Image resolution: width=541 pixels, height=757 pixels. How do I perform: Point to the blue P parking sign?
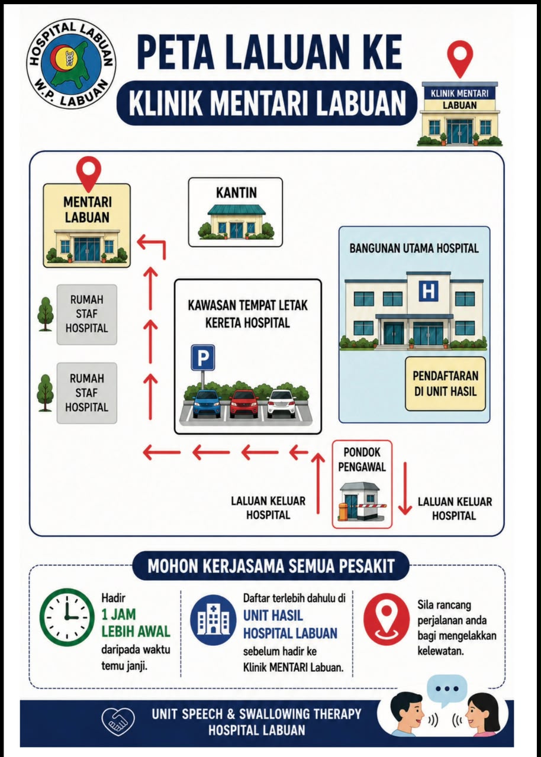pos(203,358)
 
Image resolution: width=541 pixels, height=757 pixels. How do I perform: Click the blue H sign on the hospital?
pos(429,290)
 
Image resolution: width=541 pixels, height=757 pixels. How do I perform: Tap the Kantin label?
pos(236,193)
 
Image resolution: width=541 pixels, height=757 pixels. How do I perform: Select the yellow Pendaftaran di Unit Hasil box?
pos(445,384)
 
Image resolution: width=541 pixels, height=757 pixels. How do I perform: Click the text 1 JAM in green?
pos(119,614)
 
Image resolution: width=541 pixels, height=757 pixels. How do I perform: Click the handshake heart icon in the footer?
pos(118,722)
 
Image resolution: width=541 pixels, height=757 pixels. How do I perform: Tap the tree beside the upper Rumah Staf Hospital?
pos(46,313)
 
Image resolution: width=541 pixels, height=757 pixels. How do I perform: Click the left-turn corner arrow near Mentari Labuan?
pos(151,245)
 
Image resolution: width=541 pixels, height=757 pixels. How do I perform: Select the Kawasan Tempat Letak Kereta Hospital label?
pos(248,314)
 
